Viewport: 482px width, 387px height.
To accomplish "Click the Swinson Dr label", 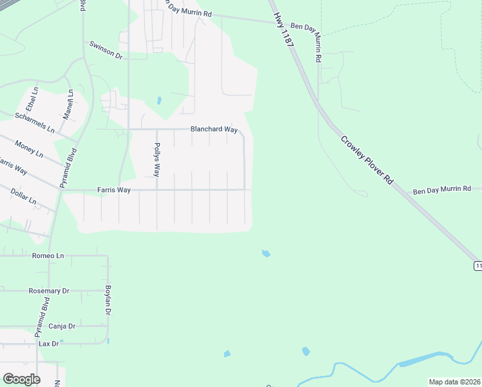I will point(106,51).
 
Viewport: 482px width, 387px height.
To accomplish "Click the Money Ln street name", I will point(28,149).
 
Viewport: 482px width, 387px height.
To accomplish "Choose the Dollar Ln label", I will point(23,197).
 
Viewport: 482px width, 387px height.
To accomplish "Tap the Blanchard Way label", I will point(214,130).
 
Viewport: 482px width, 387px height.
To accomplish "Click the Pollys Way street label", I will point(157,160).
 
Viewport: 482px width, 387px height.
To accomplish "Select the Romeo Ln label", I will point(48,256).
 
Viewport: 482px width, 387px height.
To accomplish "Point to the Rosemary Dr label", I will point(49,291).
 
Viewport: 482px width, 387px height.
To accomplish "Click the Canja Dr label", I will point(62,326).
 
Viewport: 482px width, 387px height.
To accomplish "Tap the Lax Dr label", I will point(48,344).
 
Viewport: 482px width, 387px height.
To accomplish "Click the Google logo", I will point(21,379).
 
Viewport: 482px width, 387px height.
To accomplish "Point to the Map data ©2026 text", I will point(454,382).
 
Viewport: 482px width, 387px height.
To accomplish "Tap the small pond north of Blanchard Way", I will point(159,101).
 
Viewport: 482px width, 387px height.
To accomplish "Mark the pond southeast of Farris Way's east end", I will point(265,253).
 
